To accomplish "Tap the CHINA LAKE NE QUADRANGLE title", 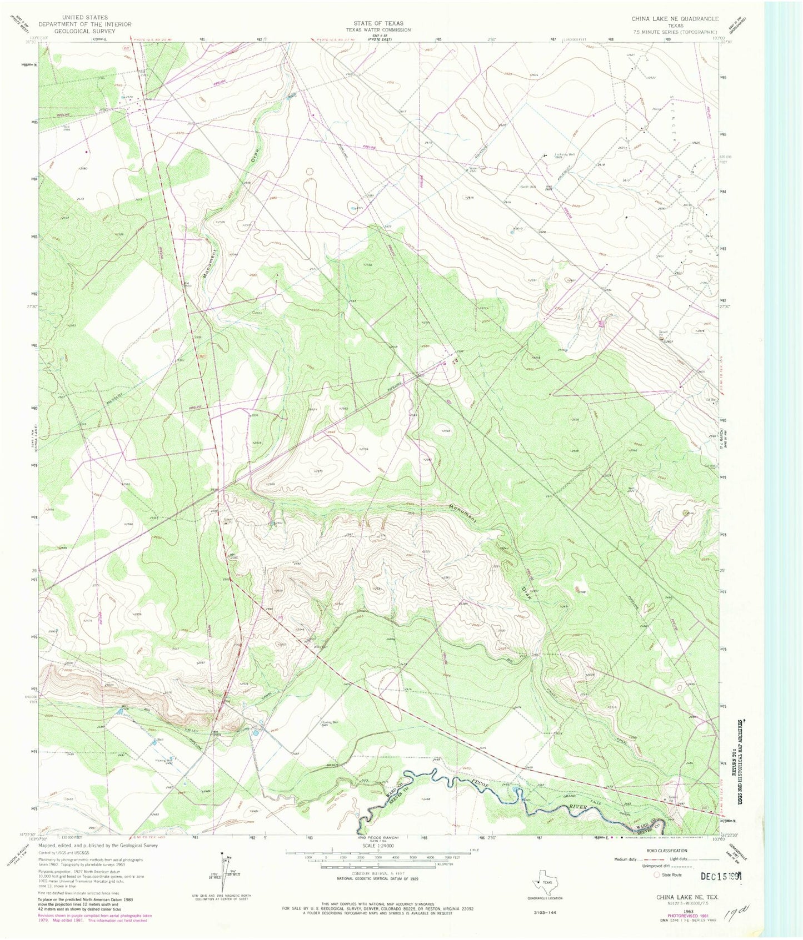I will [x=675, y=19].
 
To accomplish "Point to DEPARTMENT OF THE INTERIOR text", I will [x=84, y=24].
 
